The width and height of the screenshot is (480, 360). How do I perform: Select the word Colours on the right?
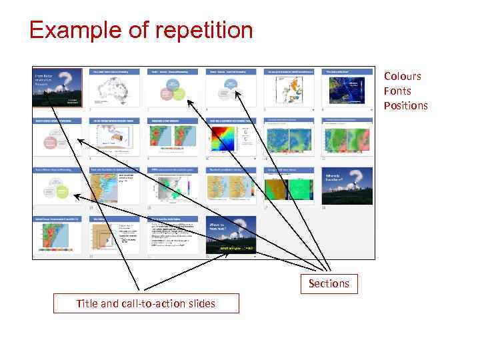point(402,76)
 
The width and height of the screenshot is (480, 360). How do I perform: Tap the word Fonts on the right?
point(397,91)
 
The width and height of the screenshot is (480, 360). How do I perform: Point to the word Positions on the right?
point(405,105)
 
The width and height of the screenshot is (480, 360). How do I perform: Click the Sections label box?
point(329,283)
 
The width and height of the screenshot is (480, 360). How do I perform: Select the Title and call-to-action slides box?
point(145,303)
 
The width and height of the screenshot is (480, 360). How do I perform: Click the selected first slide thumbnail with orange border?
point(58,87)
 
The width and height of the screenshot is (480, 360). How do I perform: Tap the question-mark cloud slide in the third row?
point(345,187)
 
